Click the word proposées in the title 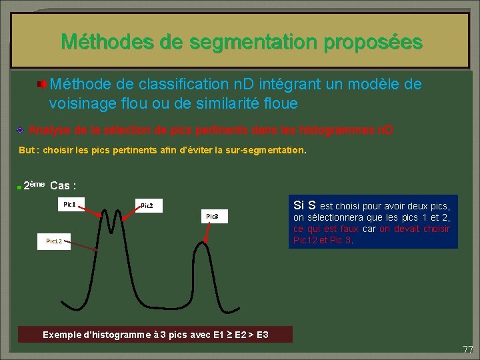373,43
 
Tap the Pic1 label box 69,203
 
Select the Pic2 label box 147,206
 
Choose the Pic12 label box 54,241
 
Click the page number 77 467,349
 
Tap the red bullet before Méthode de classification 42,85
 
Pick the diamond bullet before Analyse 21,129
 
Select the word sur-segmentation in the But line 269,151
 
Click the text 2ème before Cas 34,185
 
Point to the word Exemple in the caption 64,334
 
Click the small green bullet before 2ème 20,187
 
